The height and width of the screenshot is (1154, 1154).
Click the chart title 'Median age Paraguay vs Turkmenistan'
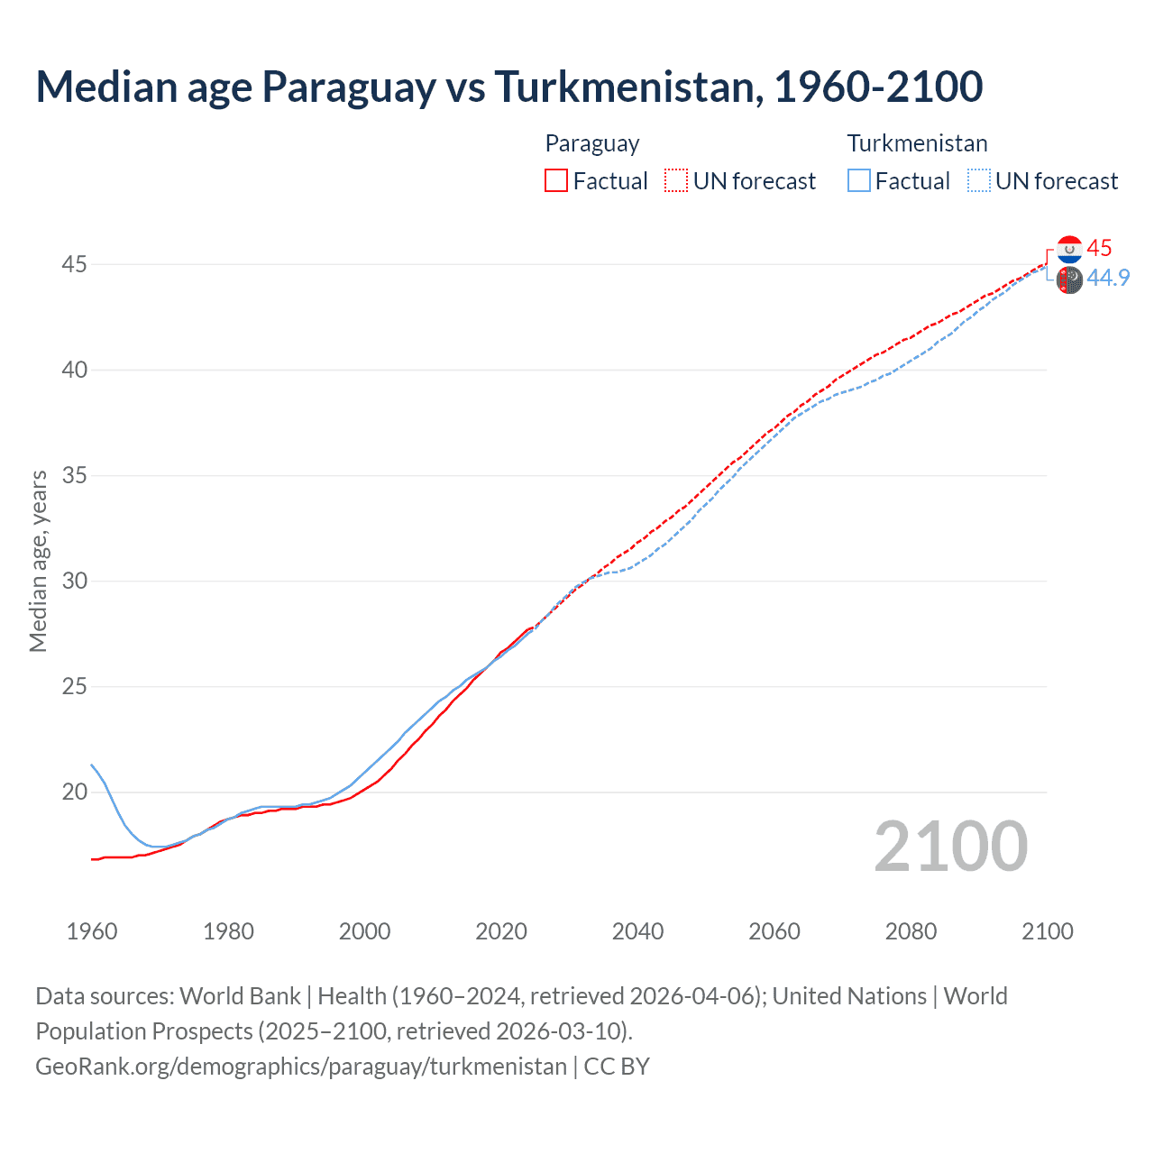pos(508,87)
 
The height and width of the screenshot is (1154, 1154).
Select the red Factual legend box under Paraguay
pos(556,180)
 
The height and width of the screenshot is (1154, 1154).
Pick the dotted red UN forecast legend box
pos(676,180)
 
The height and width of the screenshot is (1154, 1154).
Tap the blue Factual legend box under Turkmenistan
pos(858,180)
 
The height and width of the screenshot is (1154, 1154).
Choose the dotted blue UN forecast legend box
pos(979,180)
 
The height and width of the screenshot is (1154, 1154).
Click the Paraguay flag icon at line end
pos(1069,249)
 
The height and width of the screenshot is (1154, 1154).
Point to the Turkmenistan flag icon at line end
pos(1069,279)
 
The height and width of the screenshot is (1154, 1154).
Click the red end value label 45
pos(1099,248)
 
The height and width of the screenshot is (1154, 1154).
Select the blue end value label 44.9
pos(1108,278)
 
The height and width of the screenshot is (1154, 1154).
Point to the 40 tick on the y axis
pos(75,370)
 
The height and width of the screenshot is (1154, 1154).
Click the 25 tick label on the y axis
pos(75,686)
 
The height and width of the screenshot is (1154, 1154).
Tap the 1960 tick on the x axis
pos(92,931)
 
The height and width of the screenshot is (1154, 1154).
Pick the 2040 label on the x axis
pos(637,931)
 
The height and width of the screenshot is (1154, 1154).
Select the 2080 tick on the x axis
pos(911,931)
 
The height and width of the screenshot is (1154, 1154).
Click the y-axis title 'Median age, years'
pos(38,561)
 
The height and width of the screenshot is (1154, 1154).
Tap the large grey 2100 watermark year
pos(950,846)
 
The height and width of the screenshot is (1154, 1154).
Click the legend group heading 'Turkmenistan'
pos(917,143)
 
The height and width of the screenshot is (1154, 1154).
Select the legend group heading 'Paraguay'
pos(592,143)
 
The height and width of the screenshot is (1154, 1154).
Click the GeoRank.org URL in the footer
pos(301,1066)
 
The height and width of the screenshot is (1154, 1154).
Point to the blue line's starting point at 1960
pos(92,765)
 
